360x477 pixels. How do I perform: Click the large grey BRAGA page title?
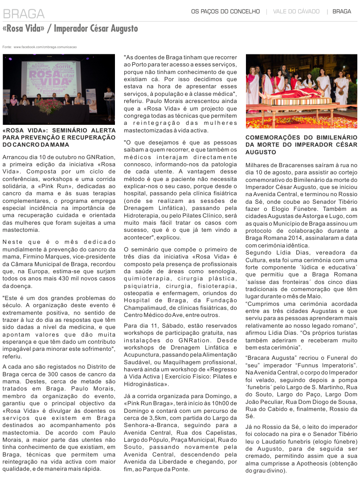click(24, 14)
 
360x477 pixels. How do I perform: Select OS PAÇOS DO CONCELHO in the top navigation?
click(225, 11)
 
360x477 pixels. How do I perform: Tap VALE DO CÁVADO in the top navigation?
click(296, 11)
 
